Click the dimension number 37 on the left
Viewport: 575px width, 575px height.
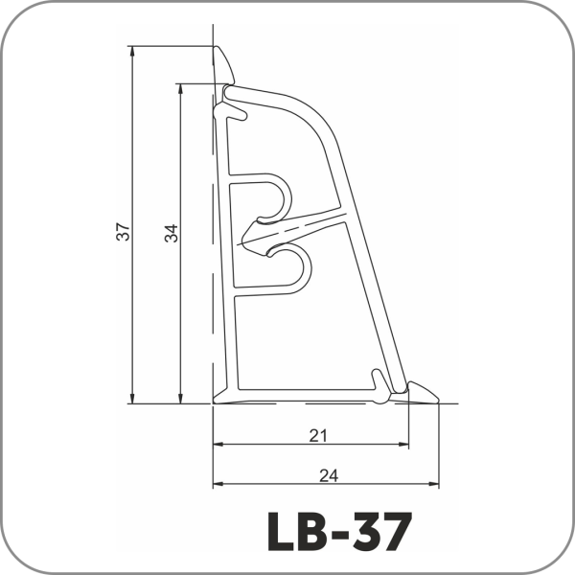(x=124, y=231)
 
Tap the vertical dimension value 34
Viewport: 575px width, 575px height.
(x=171, y=233)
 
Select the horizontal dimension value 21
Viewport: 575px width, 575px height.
(x=318, y=436)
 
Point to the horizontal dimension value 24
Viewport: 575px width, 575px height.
(x=329, y=476)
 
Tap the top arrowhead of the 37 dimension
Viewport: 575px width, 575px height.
(x=132, y=52)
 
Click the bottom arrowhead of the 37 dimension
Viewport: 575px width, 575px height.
(x=132, y=399)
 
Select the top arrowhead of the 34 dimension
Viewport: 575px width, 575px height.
(x=180, y=89)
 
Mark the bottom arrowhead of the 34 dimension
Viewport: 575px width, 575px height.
(x=180, y=399)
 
